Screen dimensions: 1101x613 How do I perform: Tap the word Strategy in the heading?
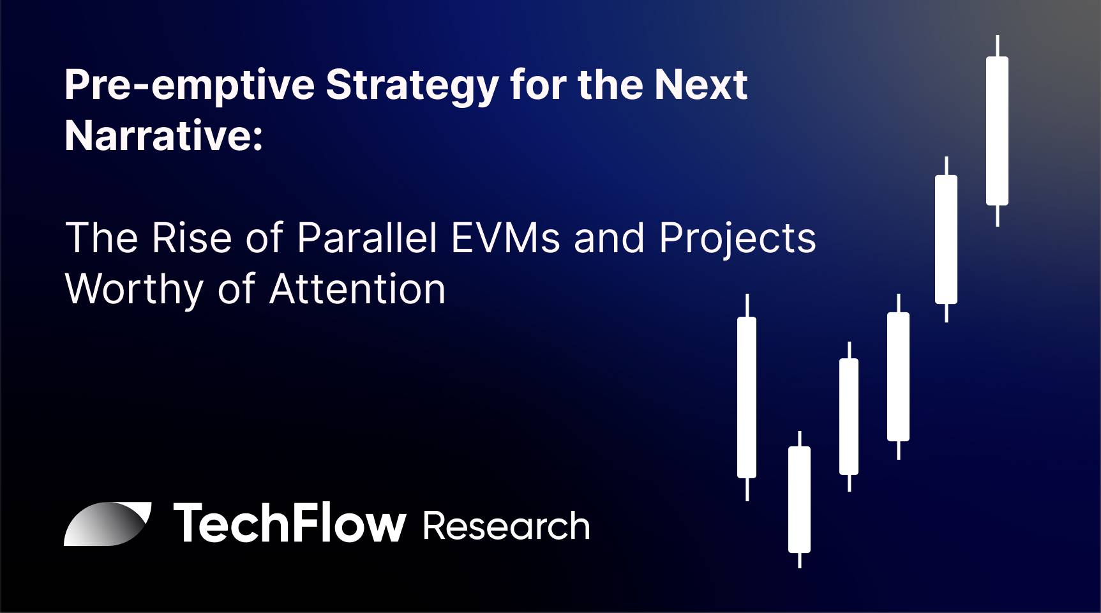coord(412,86)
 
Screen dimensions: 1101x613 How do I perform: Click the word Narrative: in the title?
coord(164,135)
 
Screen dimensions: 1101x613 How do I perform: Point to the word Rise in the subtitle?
coord(191,238)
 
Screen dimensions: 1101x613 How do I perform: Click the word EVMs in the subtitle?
coord(506,238)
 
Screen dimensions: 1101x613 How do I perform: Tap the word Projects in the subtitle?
coord(737,239)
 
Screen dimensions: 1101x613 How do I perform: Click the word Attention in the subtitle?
coord(357,289)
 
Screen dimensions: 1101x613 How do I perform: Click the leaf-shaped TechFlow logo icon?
coord(107,524)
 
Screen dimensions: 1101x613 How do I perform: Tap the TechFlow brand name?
coord(290,523)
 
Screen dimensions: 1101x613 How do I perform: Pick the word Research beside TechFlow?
coord(506,526)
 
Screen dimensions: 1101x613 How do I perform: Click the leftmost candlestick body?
coord(747,397)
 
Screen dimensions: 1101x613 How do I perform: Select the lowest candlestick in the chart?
coord(799,499)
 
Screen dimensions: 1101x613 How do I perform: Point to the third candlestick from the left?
coord(849,416)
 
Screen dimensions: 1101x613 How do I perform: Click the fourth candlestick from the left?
coord(898,377)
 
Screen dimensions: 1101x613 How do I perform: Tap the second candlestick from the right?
coord(946,239)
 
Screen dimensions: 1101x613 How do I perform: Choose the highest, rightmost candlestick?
coord(997,131)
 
